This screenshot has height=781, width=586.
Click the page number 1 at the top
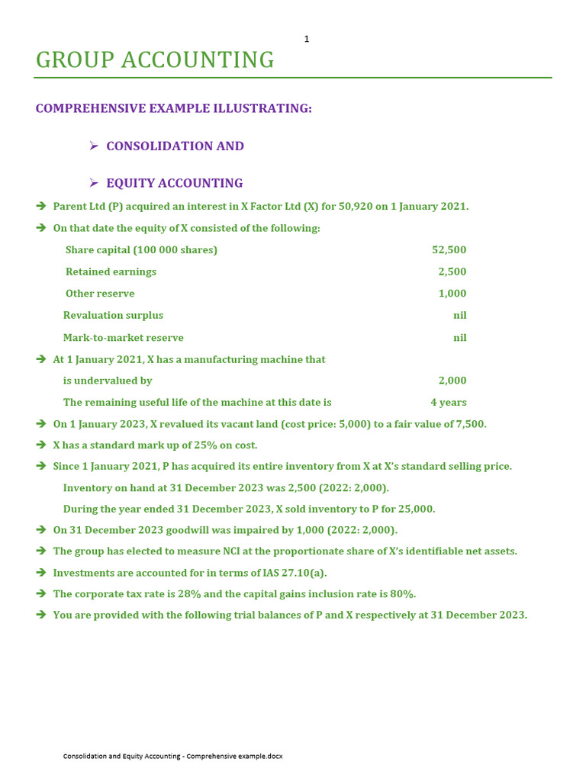click(307, 39)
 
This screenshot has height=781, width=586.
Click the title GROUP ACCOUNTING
click(155, 59)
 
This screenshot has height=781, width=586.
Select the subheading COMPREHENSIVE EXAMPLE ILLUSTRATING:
click(173, 108)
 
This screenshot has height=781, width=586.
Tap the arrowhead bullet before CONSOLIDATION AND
click(94, 146)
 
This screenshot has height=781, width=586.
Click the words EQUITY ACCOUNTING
click(174, 183)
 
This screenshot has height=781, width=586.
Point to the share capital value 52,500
click(449, 250)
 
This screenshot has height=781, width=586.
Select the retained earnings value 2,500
click(452, 272)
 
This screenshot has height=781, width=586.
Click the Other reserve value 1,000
click(452, 294)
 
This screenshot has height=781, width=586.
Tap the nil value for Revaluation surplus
click(459, 315)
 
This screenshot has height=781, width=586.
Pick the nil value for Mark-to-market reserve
click(459, 337)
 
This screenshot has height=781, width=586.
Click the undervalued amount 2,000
click(452, 381)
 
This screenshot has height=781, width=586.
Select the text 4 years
click(448, 402)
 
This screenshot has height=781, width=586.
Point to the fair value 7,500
click(468, 424)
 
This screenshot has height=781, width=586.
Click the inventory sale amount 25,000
click(417, 509)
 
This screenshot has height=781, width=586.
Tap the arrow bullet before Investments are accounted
click(41, 572)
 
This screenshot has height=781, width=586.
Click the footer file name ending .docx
click(172, 756)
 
